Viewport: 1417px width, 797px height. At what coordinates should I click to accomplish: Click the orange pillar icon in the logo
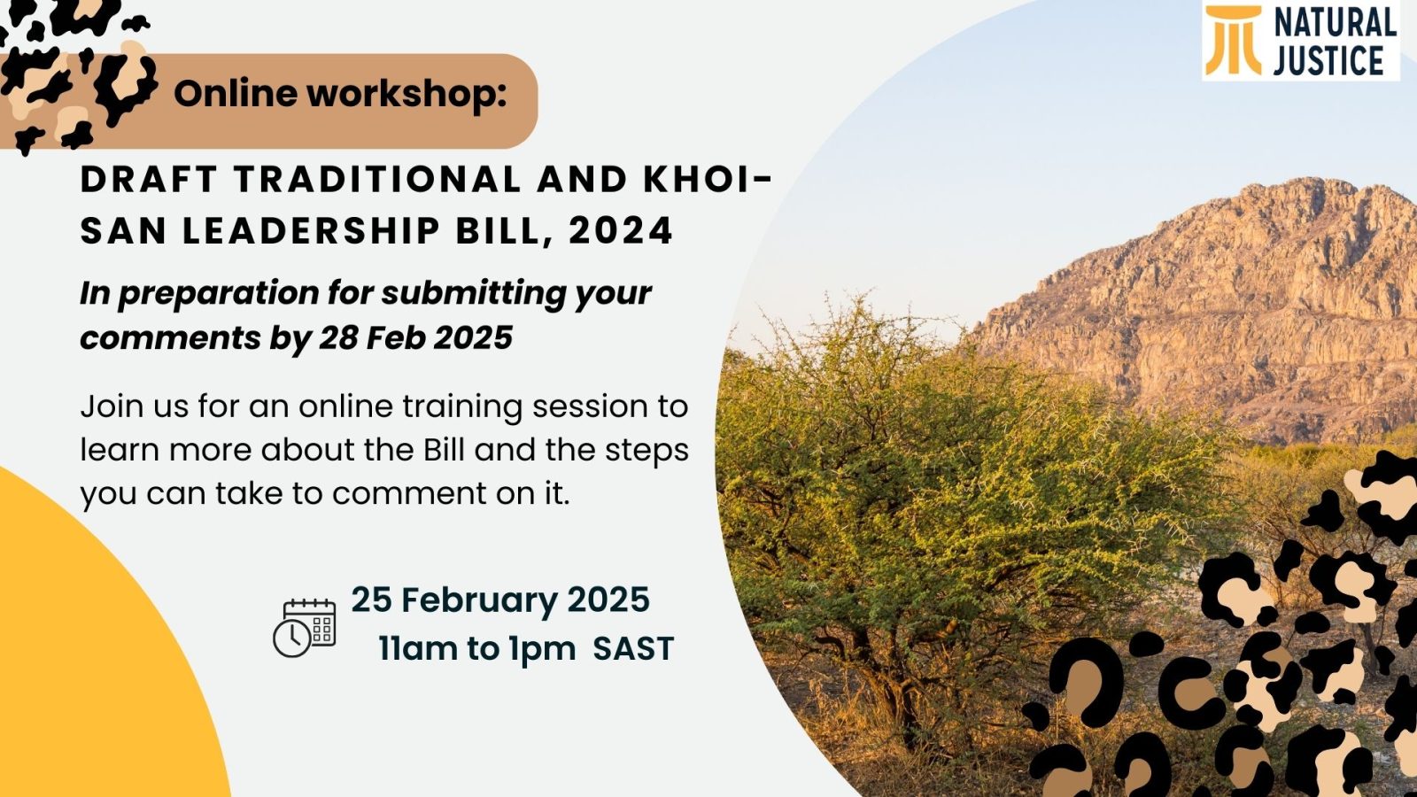1233,40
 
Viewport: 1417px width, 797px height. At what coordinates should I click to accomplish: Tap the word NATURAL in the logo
1336,24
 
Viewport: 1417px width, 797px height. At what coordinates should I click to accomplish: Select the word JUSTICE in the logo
1328,61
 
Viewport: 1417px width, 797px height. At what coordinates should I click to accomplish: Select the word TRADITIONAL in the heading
377,180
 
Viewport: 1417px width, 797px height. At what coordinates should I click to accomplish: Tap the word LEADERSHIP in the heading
311,230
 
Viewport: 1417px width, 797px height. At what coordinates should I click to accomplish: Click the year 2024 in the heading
621,230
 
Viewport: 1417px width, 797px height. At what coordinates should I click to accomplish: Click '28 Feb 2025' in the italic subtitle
415,337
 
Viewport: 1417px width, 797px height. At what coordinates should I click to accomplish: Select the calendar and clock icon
305,628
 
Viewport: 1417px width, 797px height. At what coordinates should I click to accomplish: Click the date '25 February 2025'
500,600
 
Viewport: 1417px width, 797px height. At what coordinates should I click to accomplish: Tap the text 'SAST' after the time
633,649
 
